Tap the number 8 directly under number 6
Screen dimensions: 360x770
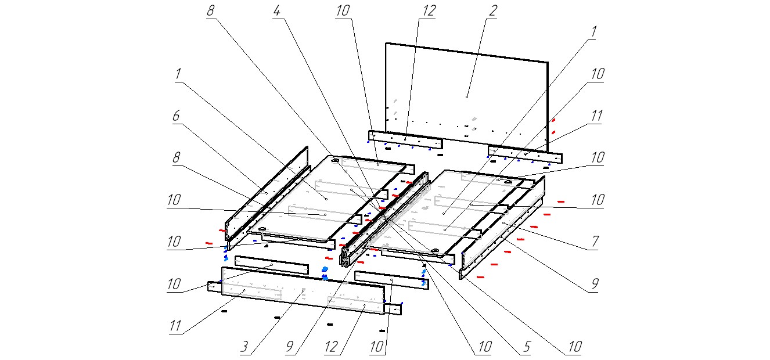[175, 157]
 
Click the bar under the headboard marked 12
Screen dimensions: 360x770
[405, 140]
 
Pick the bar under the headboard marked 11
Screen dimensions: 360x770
[525, 154]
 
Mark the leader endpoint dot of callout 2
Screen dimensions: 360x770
[467, 98]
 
